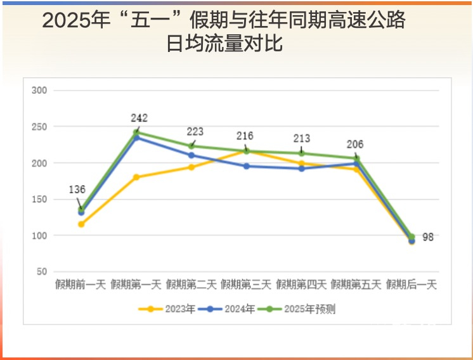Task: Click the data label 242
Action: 139,118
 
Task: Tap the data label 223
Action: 195,131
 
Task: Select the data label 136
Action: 77,189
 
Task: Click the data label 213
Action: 301,139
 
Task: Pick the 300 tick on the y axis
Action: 39,91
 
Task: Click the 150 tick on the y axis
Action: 39,200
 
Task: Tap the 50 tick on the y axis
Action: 42,272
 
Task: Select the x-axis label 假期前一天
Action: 81,285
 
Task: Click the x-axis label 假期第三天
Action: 246,285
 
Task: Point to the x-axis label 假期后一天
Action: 411,285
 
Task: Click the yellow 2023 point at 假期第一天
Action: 136,177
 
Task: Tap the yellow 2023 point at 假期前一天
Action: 81,224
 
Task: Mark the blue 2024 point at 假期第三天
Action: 246,166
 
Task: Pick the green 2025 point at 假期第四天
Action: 301,153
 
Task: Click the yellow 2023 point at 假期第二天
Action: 191,167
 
